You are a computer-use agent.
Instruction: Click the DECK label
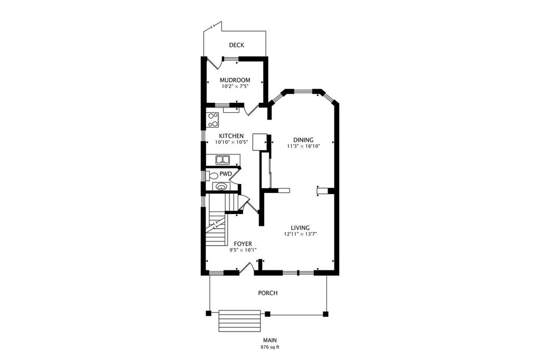click(236, 45)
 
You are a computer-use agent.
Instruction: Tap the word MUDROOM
click(235, 80)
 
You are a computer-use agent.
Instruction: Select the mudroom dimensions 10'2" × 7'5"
click(235, 86)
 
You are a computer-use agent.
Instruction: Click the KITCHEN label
click(231, 136)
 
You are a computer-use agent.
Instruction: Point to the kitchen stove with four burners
click(213, 120)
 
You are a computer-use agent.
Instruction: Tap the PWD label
click(226, 173)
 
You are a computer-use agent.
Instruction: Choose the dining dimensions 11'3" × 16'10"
click(303, 146)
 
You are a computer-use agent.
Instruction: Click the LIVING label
click(300, 228)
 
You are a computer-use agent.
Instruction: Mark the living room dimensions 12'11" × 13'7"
click(300, 234)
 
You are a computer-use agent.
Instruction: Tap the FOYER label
click(243, 244)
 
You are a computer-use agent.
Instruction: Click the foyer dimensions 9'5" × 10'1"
click(243, 250)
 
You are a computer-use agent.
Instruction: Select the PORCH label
click(267, 293)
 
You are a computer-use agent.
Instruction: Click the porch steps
click(240, 320)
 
